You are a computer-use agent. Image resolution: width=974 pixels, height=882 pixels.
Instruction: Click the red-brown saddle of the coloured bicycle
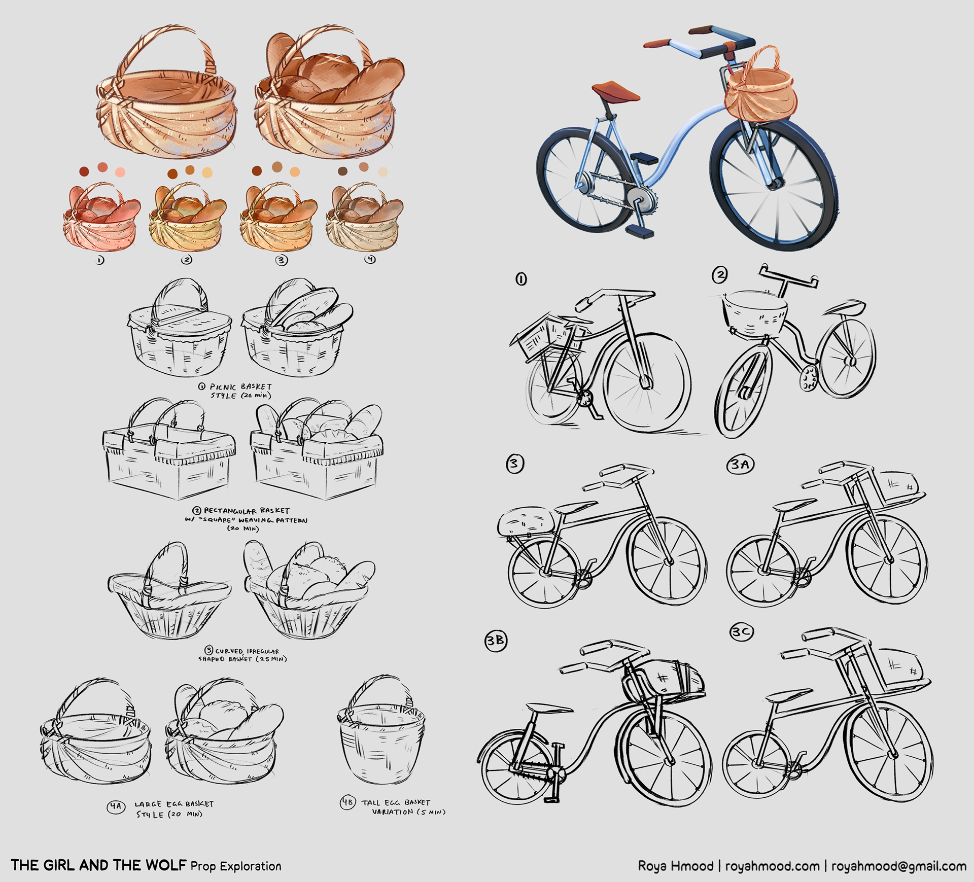point(615,91)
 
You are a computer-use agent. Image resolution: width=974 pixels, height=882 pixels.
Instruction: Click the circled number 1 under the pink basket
point(99,260)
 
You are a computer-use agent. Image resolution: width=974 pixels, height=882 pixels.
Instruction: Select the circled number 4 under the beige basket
point(371,259)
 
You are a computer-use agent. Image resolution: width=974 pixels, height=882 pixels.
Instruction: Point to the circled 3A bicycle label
point(741,464)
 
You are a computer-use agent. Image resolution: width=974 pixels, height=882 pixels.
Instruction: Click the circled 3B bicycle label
point(496,640)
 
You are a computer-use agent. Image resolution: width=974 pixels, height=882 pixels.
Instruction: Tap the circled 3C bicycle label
point(741,631)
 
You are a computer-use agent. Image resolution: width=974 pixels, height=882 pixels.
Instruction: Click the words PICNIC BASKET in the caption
point(241,386)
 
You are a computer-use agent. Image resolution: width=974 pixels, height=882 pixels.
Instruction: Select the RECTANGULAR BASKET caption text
point(247,510)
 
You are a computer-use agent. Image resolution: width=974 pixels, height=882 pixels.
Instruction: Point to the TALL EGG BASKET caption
point(396,802)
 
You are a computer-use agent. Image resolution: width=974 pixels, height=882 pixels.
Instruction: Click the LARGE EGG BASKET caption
point(174,804)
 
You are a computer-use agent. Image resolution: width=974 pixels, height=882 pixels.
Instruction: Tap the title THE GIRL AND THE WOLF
point(98,865)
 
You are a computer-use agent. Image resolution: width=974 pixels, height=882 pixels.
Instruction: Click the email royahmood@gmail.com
point(899,866)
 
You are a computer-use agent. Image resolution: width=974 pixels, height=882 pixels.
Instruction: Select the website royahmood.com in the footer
point(772,866)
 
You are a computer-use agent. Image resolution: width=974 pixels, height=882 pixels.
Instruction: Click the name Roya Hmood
point(676,865)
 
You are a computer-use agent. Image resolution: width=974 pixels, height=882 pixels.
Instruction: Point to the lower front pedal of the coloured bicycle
point(640,232)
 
